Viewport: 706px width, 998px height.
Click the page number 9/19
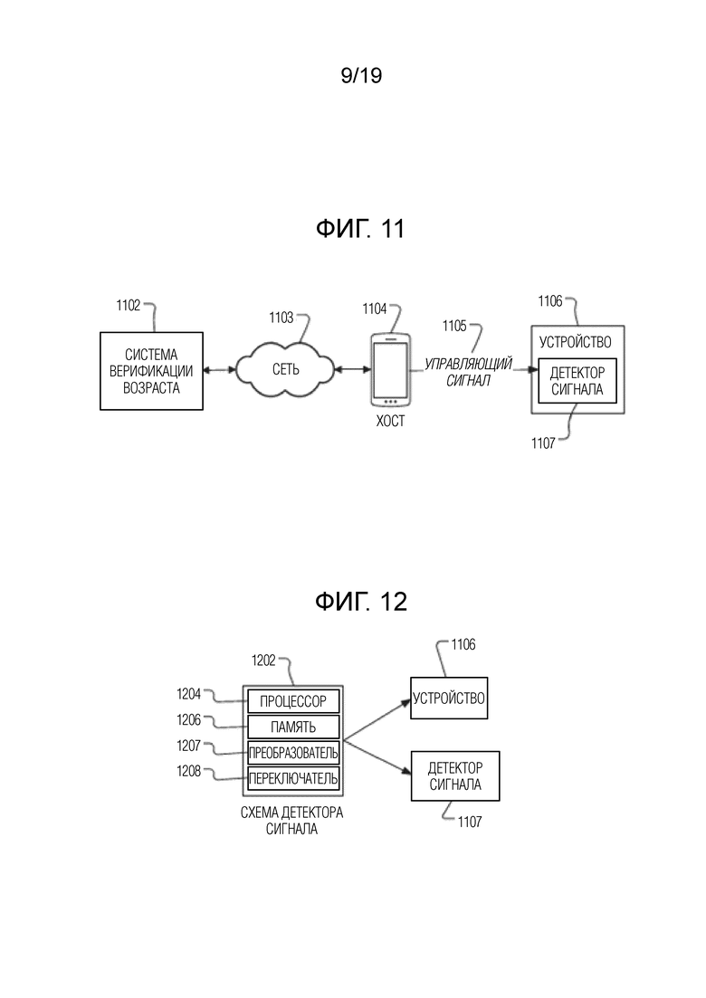(361, 76)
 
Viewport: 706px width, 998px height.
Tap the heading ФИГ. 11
(360, 229)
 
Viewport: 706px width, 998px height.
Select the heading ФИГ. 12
(361, 602)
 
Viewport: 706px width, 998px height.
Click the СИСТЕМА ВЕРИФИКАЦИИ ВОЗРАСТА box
(151, 371)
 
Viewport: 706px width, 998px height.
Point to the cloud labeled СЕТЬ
(285, 368)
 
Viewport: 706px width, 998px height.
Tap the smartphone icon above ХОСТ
(390, 370)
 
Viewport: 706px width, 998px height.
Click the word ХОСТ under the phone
(390, 422)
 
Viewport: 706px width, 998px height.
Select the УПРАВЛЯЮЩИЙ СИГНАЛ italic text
(469, 373)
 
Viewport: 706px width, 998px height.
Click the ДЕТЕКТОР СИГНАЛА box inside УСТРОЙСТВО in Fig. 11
(577, 381)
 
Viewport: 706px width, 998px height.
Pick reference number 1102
(128, 306)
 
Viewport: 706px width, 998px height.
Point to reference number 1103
(281, 318)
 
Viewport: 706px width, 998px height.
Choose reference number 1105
(454, 326)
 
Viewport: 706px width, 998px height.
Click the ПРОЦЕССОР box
(293, 701)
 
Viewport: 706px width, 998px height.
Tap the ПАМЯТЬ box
(293, 727)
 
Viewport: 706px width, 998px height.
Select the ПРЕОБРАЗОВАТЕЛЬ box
(293, 753)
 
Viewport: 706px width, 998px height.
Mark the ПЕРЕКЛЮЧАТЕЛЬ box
(293, 778)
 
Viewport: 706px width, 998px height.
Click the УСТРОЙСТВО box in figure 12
(449, 699)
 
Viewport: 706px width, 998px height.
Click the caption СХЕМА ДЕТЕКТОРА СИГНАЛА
(292, 821)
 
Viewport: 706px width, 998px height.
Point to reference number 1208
(189, 772)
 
